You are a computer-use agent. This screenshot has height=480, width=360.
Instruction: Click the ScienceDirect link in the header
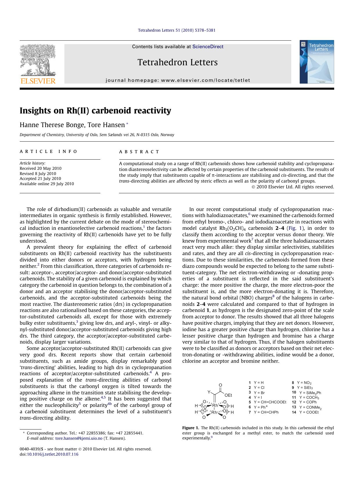(208, 46)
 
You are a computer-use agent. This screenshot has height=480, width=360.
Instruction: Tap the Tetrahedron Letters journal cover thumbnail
(316, 62)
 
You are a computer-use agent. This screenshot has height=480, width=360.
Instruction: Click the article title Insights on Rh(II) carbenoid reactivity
(95, 111)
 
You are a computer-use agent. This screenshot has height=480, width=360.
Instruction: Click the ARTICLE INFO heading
(48, 151)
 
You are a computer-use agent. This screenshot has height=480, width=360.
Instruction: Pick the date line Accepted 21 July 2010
(40, 178)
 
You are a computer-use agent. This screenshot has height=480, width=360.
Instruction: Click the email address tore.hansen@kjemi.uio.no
(79, 438)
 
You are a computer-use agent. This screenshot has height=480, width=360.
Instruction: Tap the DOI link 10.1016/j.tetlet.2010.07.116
(53, 454)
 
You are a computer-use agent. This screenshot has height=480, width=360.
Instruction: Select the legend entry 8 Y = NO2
(301, 383)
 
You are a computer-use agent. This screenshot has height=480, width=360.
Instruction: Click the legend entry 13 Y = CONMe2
(307, 407)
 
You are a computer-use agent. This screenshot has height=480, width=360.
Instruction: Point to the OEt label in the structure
(228, 395)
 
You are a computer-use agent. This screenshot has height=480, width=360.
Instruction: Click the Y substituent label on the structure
(208, 392)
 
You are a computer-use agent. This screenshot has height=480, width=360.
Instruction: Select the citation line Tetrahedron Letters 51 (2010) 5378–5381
(176, 30)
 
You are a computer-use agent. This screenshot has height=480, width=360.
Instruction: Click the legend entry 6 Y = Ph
(258, 407)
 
